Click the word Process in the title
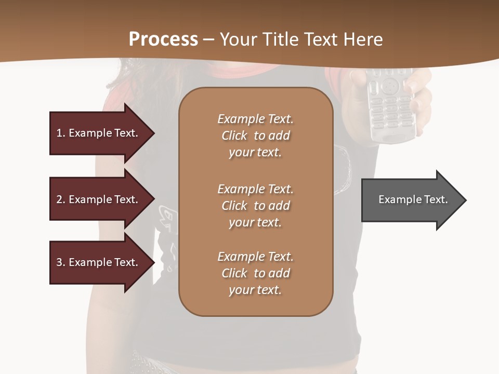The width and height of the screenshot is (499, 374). [163, 39]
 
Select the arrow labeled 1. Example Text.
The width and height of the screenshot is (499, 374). [97, 133]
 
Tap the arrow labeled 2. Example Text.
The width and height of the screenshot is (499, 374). [97, 199]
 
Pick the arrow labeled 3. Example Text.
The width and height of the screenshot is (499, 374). [97, 262]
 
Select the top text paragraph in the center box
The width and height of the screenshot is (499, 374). [255, 136]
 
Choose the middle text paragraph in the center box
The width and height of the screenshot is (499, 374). [255, 206]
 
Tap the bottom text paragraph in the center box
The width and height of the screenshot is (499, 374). [255, 273]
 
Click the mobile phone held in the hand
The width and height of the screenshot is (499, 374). [390, 104]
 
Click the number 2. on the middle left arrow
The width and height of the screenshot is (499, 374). [61, 199]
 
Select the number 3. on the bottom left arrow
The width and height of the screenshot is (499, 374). [61, 262]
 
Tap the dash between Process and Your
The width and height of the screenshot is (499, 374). [208, 39]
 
